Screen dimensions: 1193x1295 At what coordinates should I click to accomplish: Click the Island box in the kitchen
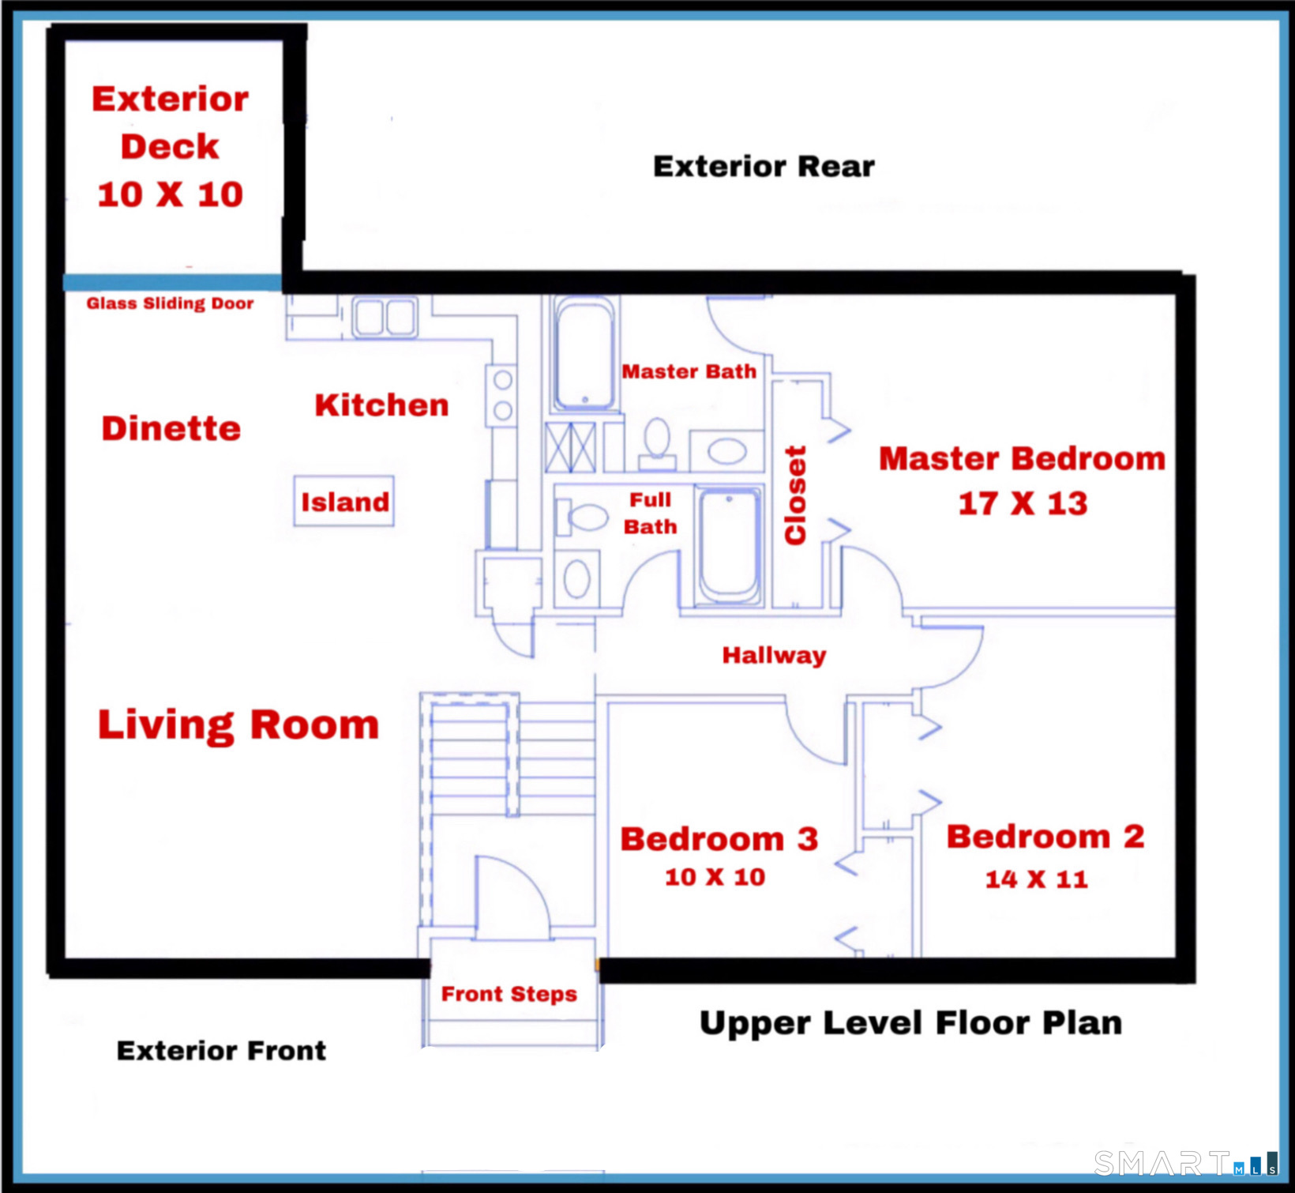[344, 502]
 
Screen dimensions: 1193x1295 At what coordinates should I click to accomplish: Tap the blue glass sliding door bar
[171, 282]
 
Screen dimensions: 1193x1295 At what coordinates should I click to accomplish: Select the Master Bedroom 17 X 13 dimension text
[1023, 504]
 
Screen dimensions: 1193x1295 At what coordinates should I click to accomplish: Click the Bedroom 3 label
[719, 839]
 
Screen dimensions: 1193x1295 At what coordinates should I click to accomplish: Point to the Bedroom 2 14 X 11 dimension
[1036, 879]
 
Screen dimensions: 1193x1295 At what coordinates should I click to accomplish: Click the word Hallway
[774, 655]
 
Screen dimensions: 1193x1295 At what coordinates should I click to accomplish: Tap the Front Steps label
[509, 994]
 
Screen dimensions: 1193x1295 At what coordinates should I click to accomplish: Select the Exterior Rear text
[764, 167]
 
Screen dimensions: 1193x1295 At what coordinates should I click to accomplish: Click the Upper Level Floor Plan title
[910, 1023]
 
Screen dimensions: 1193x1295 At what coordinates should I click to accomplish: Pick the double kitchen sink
[385, 318]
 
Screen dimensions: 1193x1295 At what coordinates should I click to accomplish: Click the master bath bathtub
[584, 353]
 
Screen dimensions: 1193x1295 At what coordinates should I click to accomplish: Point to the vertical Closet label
[795, 495]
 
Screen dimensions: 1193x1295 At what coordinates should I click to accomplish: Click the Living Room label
[238, 724]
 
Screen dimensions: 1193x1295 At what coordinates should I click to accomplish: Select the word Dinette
[171, 428]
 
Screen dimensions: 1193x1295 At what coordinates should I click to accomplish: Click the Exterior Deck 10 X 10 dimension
[170, 194]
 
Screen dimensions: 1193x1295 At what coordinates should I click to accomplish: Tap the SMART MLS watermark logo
[1184, 1163]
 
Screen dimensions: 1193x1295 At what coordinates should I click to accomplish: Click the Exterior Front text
[221, 1051]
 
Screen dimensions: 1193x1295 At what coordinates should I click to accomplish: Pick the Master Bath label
[689, 371]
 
